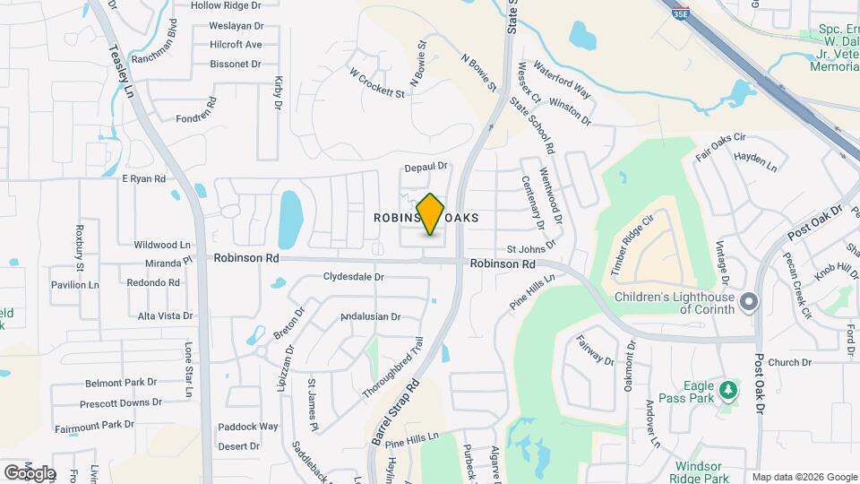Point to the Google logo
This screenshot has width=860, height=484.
click(29, 472)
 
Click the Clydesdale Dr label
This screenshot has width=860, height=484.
click(353, 277)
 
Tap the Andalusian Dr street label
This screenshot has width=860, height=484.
click(370, 316)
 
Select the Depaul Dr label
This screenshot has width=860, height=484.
click(425, 167)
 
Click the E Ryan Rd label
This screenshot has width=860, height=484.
click(144, 178)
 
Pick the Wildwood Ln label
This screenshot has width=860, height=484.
click(162, 244)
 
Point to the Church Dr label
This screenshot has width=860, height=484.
click(788, 362)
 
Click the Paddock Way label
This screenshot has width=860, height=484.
click(248, 426)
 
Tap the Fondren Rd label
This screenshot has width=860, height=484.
click(197, 117)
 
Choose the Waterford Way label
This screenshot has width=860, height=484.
click(562, 80)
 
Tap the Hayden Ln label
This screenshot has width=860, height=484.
click(755, 160)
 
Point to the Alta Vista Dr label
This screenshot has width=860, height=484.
click(165, 315)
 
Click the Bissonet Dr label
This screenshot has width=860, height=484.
click(235, 64)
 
